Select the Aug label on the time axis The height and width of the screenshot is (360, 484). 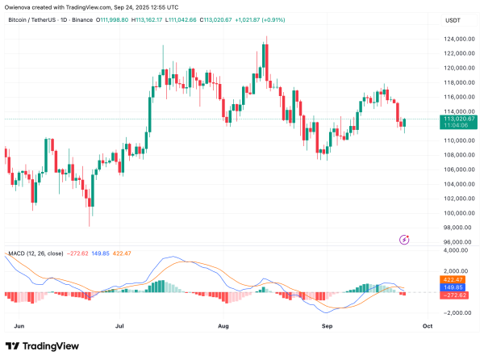click(x=224, y=328)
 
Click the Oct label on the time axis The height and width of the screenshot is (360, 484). click(x=428, y=328)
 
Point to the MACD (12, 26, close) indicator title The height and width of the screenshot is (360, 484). click(x=36, y=253)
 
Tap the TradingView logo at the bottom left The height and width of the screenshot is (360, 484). click(x=44, y=348)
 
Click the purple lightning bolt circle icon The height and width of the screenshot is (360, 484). click(x=404, y=240)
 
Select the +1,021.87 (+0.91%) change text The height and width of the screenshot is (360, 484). click(x=282, y=19)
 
